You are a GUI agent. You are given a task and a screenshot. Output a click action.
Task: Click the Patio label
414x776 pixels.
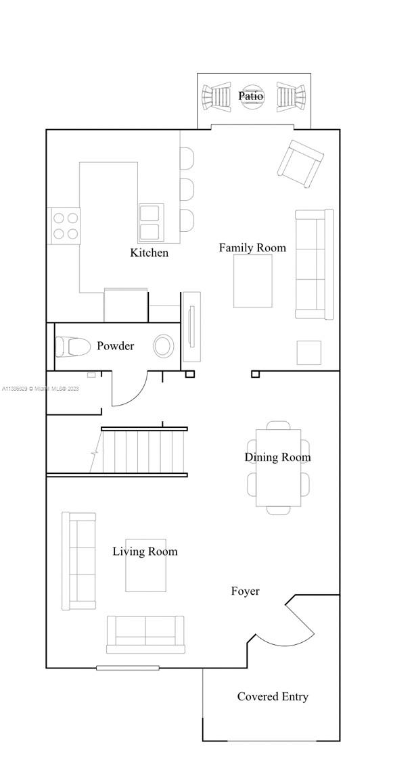[250, 96]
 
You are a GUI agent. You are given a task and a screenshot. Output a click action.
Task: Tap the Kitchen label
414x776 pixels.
[149, 253]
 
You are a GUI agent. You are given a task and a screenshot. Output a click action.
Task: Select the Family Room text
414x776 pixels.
[252, 247]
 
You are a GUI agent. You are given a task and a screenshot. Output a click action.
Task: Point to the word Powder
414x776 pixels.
[116, 346]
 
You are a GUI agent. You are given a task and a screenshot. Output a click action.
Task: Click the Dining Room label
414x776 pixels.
[278, 457]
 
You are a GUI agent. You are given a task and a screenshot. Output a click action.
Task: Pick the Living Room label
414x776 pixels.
[145, 552]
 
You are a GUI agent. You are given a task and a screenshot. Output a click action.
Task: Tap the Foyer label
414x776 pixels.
[245, 591]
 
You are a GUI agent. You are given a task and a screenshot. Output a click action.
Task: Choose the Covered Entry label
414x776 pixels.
[273, 697]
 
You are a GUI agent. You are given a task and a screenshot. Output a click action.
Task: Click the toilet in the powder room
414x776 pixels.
[72, 346]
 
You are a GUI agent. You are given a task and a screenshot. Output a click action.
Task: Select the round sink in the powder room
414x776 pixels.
[164, 346]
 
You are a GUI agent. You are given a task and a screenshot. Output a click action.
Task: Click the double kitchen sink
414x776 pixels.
[149, 222]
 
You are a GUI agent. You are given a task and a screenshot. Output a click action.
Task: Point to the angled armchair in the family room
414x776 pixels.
[300, 164]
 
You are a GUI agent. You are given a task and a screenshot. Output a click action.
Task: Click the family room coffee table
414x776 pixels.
[253, 281]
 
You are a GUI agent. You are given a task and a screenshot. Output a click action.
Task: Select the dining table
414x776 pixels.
[278, 468]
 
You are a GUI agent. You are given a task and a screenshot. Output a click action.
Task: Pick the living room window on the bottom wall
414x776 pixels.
[128, 668]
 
